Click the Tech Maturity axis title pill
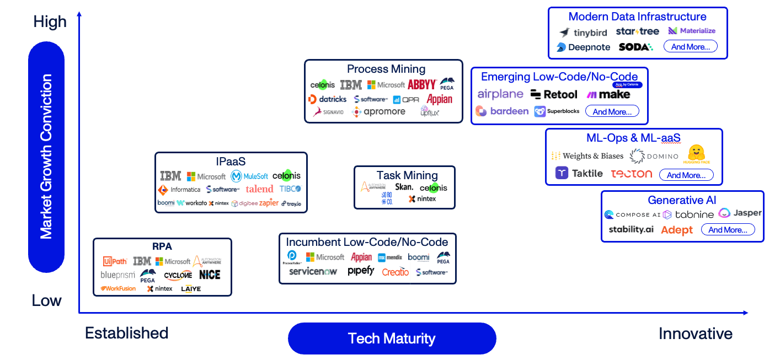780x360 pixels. (392, 338)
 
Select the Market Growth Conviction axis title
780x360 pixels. (46, 157)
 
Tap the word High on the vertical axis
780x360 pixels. (50, 22)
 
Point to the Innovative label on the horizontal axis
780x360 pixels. (696, 334)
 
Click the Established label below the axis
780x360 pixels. (126, 334)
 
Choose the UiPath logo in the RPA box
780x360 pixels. (115, 261)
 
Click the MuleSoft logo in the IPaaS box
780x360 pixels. (249, 176)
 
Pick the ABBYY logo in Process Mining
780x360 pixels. (422, 85)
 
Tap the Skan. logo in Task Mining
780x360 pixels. (404, 187)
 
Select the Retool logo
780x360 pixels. (554, 95)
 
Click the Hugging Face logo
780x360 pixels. (697, 154)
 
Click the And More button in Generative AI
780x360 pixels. (728, 230)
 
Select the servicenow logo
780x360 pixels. (313, 272)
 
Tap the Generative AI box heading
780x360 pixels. (682, 200)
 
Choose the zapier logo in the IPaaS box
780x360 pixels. (269, 203)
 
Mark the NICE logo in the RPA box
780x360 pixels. (210, 275)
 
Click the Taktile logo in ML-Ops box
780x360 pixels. (579, 173)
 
